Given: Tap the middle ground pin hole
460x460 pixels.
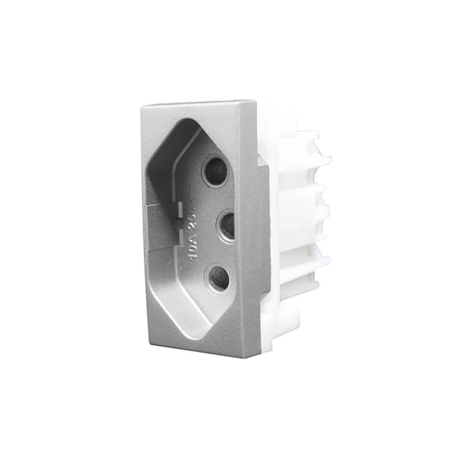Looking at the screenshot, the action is point(225,225).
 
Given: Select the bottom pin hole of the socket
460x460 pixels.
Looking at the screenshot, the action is point(218,278).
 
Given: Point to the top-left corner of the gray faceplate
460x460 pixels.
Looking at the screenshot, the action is point(141,106).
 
